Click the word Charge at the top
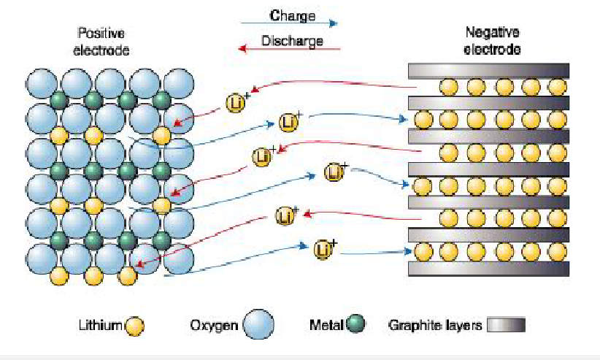click(x=292, y=15)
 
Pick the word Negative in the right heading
click(x=492, y=33)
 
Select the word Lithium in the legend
click(x=100, y=326)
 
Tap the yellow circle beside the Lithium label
click(x=134, y=326)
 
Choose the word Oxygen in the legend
click(x=214, y=326)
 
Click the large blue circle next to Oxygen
click(x=258, y=325)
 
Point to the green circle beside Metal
click(x=355, y=324)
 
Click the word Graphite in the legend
click(x=414, y=326)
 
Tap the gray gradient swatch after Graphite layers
click(x=507, y=325)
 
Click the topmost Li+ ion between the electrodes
click(x=236, y=102)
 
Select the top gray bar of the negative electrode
click(x=488, y=71)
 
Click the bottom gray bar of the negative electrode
click(x=488, y=269)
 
